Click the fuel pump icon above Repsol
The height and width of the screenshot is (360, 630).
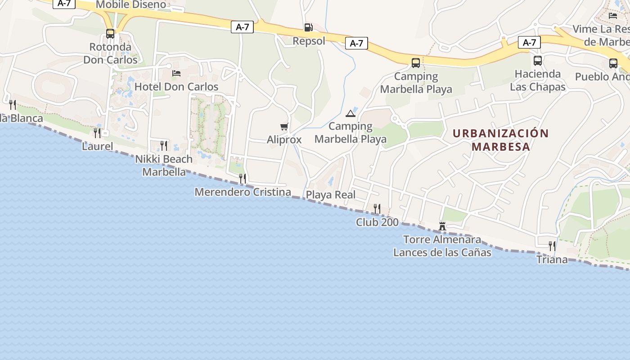click(x=308, y=27)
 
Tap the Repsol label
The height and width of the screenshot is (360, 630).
click(x=309, y=41)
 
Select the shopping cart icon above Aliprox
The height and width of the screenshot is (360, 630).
click(x=284, y=127)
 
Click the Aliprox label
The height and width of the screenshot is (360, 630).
click(x=284, y=139)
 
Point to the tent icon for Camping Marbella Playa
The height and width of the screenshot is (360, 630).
click(x=351, y=113)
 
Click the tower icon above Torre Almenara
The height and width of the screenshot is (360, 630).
click(x=442, y=226)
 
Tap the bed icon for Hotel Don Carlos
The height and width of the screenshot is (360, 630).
click(x=176, y=73)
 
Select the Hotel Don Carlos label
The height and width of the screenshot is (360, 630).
click(x=176, y=86)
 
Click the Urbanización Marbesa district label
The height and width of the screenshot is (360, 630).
click(x=501, y=140)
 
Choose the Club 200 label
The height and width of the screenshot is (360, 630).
click(x=377, y=222)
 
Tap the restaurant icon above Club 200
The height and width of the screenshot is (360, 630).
click(x=377, y=209)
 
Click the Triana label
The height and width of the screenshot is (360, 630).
click(x=552, y=260)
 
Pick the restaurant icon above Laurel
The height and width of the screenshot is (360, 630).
click(x=97, y=133)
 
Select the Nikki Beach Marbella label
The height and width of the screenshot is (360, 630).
click(x=164, y=165)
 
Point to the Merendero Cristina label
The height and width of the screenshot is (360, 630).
click(x=243, y=192)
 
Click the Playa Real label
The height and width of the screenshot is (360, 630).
click(x=331, y=195)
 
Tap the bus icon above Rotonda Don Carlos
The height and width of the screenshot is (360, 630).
click(x=110, y=34)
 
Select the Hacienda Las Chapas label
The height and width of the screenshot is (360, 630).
click(x=538, y=80)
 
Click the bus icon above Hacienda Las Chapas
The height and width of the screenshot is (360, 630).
click(x=538, y=61)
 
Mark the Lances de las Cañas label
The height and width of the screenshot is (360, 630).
click(x=442, y=252)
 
